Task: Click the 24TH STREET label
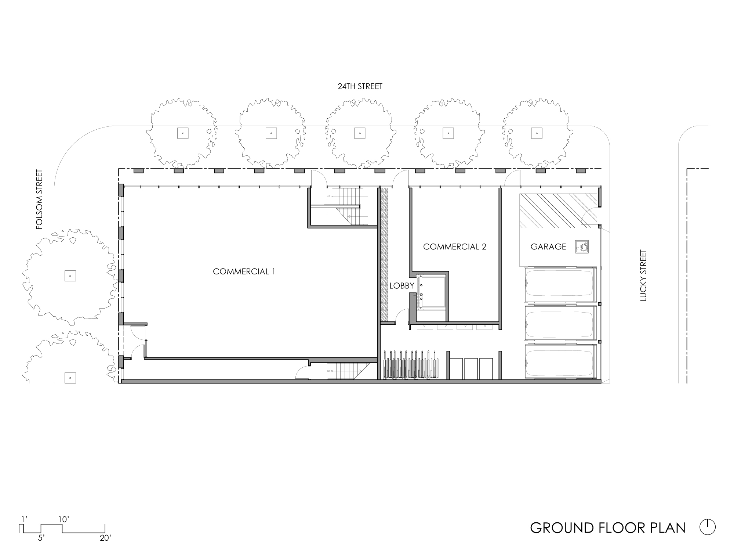[x=360, y=86]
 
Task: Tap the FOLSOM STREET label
[x=40, y=199]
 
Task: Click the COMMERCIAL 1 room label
[x=244, y=271]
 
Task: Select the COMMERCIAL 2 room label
[x=455, y=246]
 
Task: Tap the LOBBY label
[x=402, y=286]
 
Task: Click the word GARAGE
[x=548, y=247]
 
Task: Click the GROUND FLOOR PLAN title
[x=608, y=527]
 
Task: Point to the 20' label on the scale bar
[x=105, y=538]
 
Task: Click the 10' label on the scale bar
[x=64, y=519]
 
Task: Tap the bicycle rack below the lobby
[x=411, y=364]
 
